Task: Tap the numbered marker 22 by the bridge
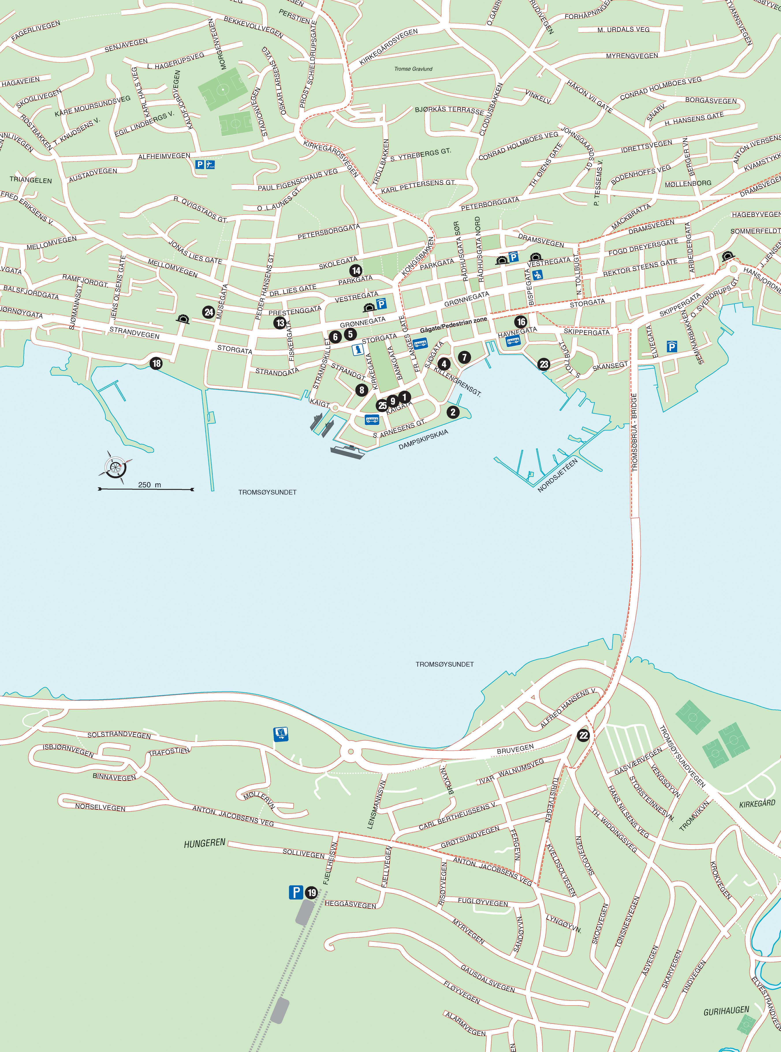[x=583, y=735]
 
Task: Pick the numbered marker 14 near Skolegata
[x=356, y=270]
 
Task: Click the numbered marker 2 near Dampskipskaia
[x=453, y=412]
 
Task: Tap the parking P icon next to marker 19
[x=296, y=893]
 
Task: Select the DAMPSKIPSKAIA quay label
[x=423, y=439]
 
